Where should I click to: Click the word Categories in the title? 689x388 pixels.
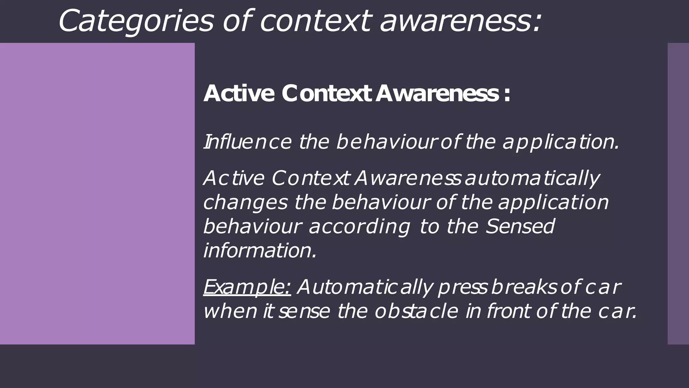pos(136,21)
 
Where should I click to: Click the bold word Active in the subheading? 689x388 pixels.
pos(239,93)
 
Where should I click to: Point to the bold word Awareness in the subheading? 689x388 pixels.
pos(437,93)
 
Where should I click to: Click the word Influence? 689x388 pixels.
pos(248,142)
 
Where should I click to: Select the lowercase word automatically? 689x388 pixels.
pos(532,179)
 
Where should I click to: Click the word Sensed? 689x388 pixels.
pos(520,226)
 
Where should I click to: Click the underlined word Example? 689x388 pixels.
pos(247,287)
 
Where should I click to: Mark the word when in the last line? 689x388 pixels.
pos(230,311)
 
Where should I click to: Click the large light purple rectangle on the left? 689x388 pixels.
pos(97,193)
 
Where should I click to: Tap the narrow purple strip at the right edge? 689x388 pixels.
pos(678,193)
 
